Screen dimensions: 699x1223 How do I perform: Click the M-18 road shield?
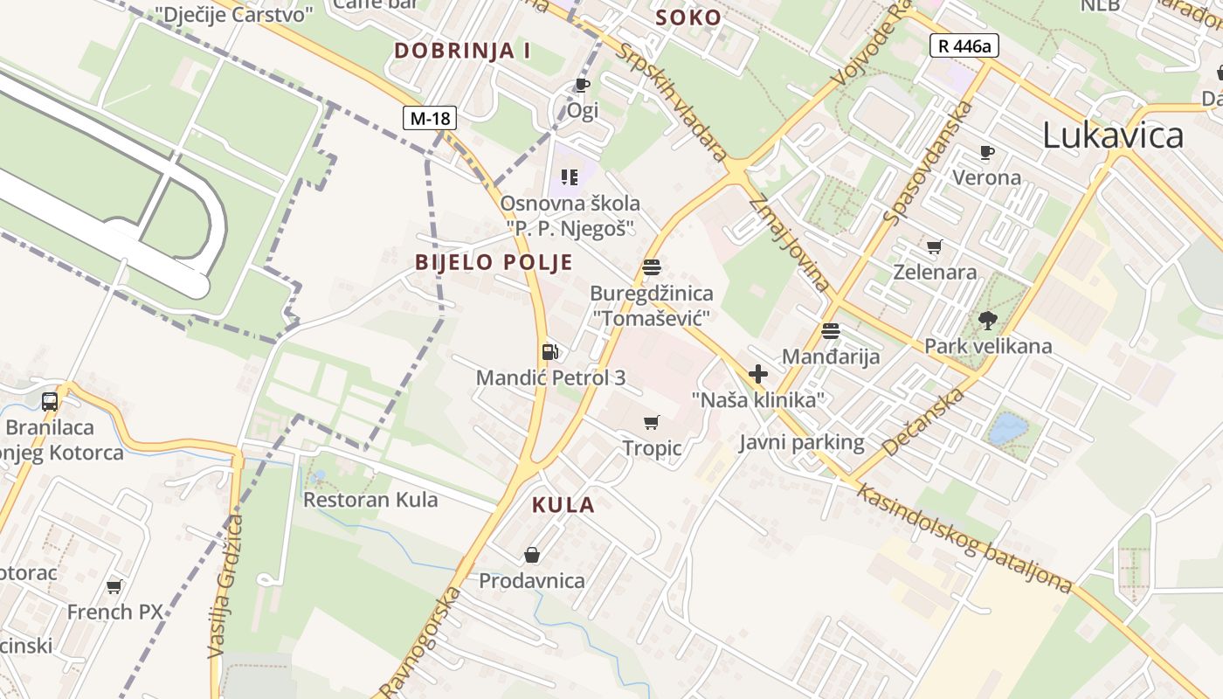(430, 118)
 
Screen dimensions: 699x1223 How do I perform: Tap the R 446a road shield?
(964, 45)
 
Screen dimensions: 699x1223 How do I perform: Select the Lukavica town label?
(1113, 135)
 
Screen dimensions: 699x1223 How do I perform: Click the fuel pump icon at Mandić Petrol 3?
(550, 352)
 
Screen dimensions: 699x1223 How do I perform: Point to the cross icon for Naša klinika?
(758, 375)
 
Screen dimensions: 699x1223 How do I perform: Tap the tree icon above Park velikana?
(988, 321)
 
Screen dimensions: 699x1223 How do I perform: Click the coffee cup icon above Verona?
(987, 153)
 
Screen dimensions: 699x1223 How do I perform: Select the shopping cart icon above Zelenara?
(935, 246)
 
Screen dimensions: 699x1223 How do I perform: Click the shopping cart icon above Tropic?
(652, 423)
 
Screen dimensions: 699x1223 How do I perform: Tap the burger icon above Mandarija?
(831, 331)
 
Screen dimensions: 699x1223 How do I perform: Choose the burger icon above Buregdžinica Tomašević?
(652, 267)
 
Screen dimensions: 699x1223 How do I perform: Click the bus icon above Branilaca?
(50, 402)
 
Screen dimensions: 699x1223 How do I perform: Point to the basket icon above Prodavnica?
(532, 555)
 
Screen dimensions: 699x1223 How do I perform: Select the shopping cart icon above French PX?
(114, 586)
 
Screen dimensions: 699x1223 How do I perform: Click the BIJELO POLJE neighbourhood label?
(494, 262)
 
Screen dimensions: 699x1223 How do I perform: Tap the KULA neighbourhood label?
(563, 504)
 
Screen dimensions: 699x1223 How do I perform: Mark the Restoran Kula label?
(370, 500)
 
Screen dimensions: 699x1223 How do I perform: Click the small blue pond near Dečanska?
(1008, 429)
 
